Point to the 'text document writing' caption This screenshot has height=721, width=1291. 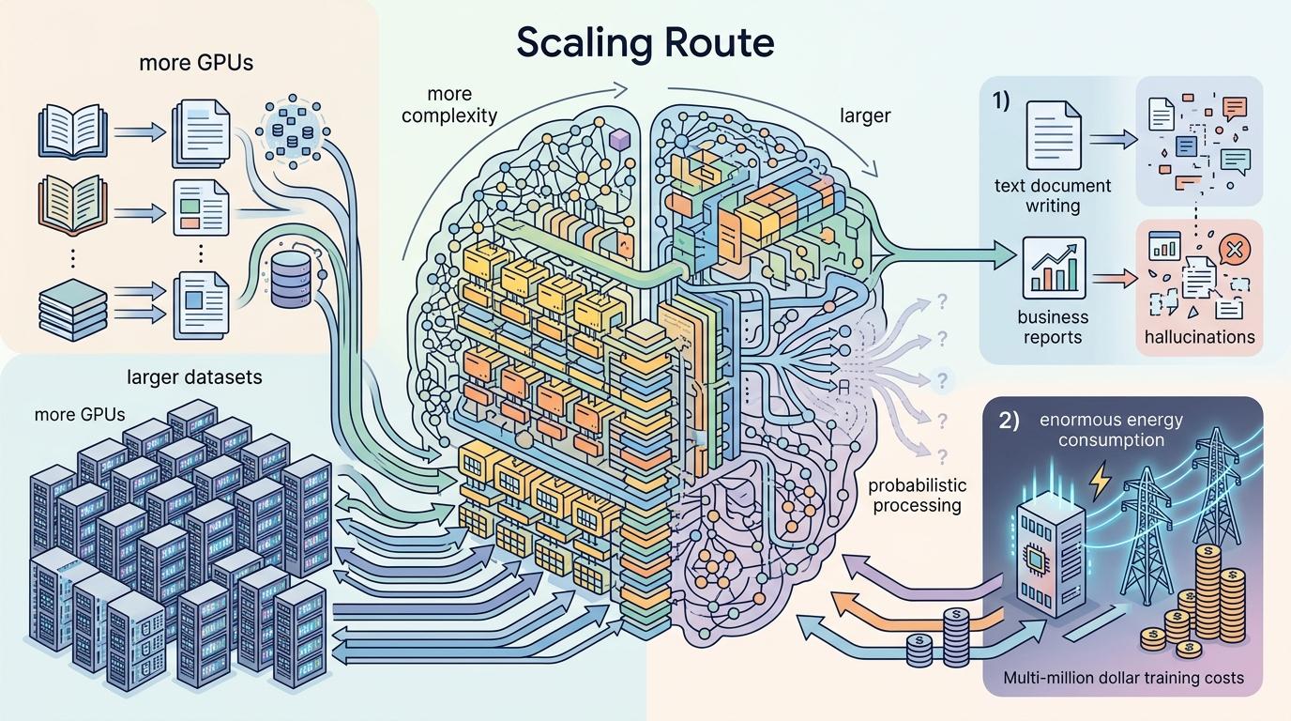point(1052,195)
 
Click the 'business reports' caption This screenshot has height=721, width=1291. point(1052,327)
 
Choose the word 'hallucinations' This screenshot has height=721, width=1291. point(1199,336)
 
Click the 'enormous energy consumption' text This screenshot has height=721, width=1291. point(1112,429)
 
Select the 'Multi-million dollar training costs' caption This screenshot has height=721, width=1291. point(1123,677)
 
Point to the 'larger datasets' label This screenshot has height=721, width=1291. point(194,377)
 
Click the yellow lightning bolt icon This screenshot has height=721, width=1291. point(1100,483)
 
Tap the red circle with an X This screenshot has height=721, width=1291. point(1234,249)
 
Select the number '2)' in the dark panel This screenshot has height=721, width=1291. point(1009,421)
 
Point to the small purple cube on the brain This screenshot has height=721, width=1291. point(618,140)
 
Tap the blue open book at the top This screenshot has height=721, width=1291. point(68,132)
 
